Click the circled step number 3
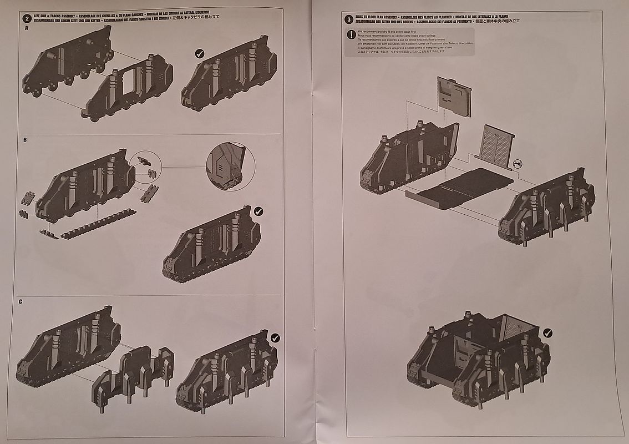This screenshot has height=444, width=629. click(x=349, y=19)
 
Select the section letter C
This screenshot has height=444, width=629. click(x=21, y=301)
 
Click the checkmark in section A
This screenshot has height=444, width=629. click(x=200, y=53)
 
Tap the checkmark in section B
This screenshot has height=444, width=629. click(x=258, y=211)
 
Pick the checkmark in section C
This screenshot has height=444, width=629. click(x=275, y=337)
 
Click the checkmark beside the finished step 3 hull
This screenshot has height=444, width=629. click(x=547, y=333)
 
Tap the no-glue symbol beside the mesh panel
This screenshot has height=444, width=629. click(x=518, y=164)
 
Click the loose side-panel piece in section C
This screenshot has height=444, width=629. click(x=134, y=377)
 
